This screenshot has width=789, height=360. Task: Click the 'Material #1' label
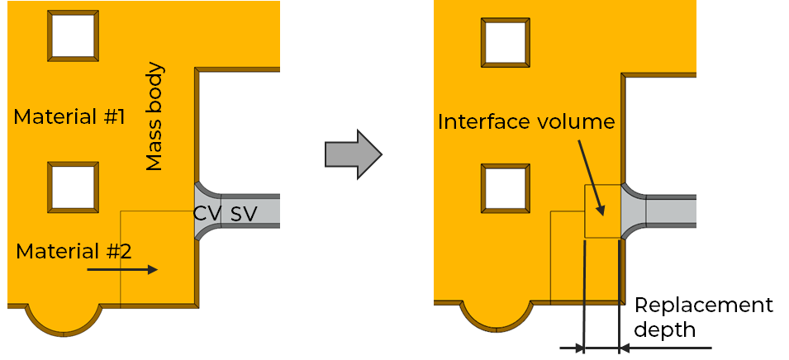[69, 117]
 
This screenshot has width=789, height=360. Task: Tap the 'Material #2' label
[74, 251]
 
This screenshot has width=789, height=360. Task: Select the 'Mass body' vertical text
[154, 116]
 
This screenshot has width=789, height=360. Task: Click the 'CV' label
[207, 214]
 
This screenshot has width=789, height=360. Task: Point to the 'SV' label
[243, 214]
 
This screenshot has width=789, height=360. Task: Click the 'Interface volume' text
[526, 122]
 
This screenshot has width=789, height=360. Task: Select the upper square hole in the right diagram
[506, 40]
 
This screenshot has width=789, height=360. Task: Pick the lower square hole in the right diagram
[506, 187]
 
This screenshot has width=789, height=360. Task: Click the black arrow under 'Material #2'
[121, 269]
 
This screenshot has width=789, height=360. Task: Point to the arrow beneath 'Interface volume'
[592, 177]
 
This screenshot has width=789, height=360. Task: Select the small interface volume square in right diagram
[601, 211]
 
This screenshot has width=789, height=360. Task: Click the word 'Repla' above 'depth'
[665, 305]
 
